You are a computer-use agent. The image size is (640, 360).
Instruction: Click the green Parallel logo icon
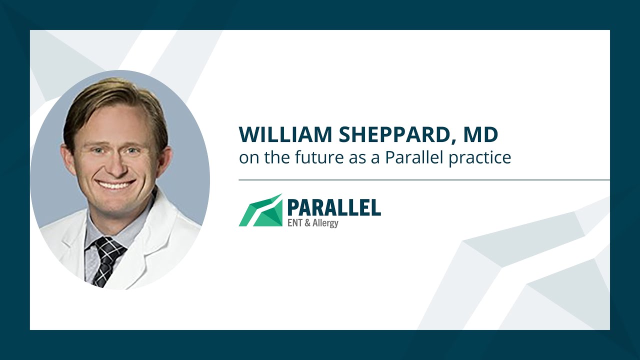tap(260, 210)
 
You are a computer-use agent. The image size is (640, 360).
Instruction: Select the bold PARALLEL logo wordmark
tap(334, 207)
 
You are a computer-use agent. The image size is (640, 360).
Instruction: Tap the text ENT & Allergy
tap(312, 223)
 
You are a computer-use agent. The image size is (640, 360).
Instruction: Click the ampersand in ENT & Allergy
tap(307, 223)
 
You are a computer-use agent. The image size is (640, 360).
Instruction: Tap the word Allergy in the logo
tap(325, 223)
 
